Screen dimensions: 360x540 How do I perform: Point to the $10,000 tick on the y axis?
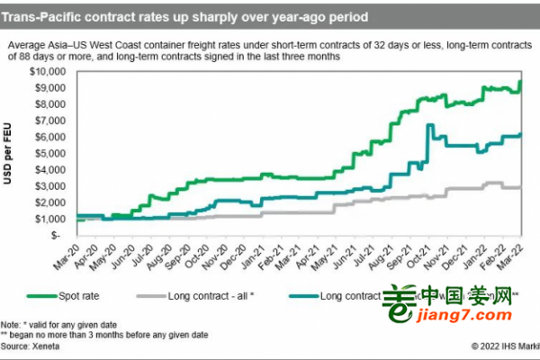55,70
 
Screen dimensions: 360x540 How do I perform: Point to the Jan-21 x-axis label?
257,253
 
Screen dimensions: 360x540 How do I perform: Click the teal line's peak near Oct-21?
429,125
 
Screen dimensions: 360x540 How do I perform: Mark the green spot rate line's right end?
521,82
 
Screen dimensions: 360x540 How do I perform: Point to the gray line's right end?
521,187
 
